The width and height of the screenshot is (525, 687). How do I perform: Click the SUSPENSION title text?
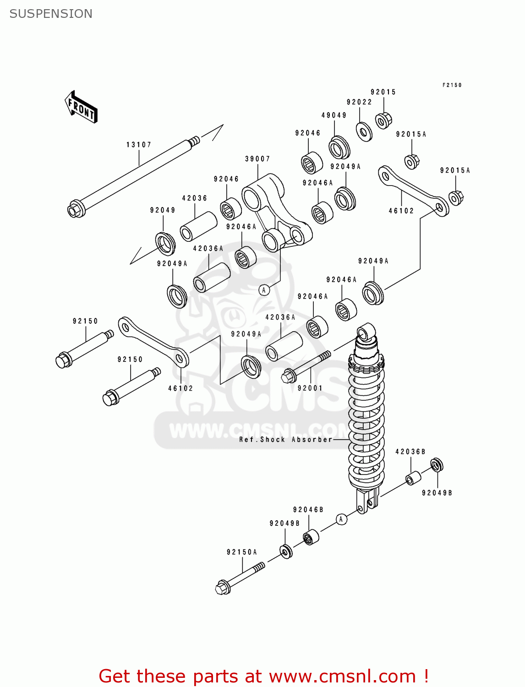(x=51, y=14)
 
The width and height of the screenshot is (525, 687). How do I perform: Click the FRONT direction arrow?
(x=81, y=107)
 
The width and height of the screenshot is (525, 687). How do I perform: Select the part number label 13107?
(x=139, y=145)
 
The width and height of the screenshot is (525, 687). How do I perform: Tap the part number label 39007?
(x=257, y=159)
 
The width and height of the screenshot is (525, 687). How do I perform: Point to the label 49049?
(x=334, y=115)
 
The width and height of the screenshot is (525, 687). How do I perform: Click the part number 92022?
(x=359, y=102)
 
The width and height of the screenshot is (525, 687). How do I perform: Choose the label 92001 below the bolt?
(x=310, y=388)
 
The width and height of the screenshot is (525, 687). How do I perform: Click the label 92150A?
(x=242, y=552)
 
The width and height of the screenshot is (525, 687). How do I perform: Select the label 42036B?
(x=410, y=452)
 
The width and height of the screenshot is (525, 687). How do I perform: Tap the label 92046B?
(x=308, y=510)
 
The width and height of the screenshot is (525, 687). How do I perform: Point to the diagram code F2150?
(x=452, y=85)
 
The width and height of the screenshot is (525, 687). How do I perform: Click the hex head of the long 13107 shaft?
(x=74, y=210)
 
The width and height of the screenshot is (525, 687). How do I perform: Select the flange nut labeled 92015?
(x=383, y=120)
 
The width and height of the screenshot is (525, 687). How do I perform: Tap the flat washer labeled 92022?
(x=364, y=132)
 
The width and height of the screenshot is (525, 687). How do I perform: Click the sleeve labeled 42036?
(x=198, y=226)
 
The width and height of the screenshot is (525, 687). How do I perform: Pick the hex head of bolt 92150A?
(x=223, y=588)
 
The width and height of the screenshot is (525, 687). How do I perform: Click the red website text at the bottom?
(x=263, y=676)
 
